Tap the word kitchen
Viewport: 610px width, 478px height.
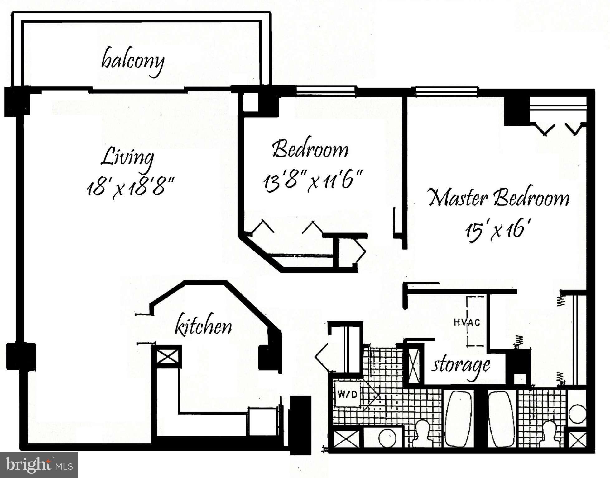tap(203, 326)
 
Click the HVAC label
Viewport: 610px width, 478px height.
tap(467, 322)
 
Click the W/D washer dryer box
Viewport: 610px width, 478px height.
tap(348, 395)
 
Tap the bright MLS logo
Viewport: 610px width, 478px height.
tap(39, 465)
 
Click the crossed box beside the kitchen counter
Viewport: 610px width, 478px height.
tap(167, 356)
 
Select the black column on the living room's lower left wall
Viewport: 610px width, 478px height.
tap(21, 356)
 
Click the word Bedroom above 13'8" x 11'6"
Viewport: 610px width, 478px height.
tap(310, 149)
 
